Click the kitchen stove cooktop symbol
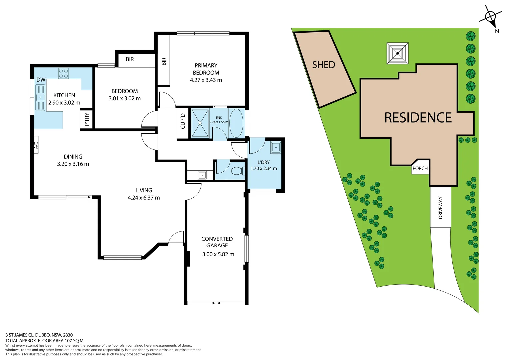pos(63,73)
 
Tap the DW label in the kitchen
pos(41,80)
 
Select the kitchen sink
pos(40,97)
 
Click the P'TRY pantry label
pos(87,119)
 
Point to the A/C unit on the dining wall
pos(36,145)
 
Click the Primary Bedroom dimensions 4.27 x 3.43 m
pos(206,80)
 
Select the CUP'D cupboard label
pos(183,121)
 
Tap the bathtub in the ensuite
pos(236,123)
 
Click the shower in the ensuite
pos(200,123)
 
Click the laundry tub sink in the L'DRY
pos(276,147)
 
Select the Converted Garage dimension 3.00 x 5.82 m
pos(218,254)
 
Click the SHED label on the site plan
pos(323,65)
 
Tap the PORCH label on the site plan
pos(420,168)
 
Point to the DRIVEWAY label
pos(440,207)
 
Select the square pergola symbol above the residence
pos(397,53)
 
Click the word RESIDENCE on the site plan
pos(418,118)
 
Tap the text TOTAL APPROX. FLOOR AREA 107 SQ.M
pos(44,341)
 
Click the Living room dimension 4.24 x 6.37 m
pos(144,198)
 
